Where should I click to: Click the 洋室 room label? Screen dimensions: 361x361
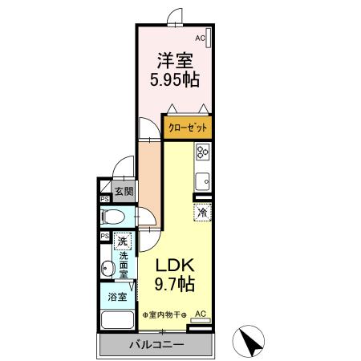(x=175, y=60)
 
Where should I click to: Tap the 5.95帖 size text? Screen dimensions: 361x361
(x=175, y=79)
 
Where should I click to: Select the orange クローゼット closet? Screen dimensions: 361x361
(x=188, y=128)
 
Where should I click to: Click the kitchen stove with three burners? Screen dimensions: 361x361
(x=203, y=152)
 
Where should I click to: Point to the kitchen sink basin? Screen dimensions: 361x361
(x=203, y=181)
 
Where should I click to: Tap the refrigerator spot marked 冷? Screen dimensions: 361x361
(x=203, y=213)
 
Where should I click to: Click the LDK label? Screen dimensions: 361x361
(x=175, y=266)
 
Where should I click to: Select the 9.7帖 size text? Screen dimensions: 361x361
(x=175, y=284)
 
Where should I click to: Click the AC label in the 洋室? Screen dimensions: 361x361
(x=200, y=39)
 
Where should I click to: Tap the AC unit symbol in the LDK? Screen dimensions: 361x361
(x=201, y=320)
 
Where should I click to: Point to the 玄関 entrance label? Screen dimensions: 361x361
(x=124, y=191)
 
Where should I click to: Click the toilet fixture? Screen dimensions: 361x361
(x=112, y=217)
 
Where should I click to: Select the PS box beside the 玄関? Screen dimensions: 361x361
(x=105, y=199)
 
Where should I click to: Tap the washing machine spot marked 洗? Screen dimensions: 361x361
(x=123, y=241)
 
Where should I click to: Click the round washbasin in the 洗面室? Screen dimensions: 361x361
(x=107, y=267)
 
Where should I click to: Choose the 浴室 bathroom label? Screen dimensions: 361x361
(x=117, y=297)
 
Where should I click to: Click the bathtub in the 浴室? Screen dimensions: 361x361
(x=117, y=320)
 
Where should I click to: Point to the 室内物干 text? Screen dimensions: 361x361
(x=164, y=315)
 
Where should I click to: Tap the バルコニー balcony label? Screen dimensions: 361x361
(x=156, y=344)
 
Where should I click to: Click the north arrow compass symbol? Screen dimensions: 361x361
(x=249, y=341)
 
